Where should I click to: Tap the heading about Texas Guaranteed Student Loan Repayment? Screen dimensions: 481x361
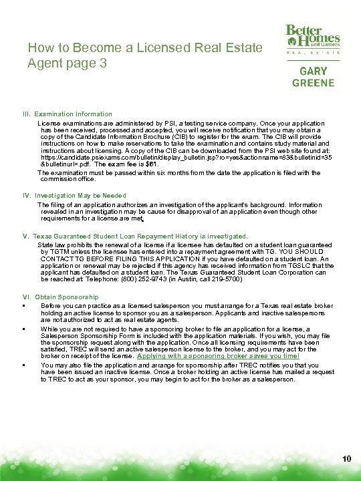tap(135, 236)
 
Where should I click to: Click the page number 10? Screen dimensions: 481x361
tap(346, 458)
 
